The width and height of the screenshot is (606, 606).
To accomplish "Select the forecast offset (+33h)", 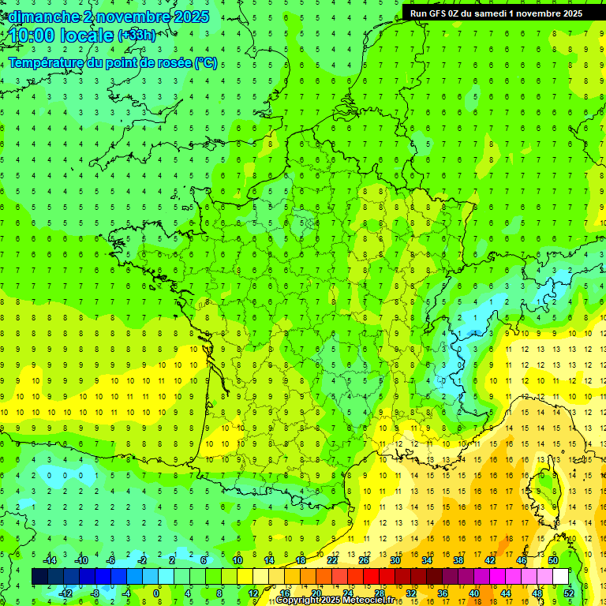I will tap(137, 36).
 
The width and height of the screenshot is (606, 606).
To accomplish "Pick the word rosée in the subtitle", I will tap(171, 63).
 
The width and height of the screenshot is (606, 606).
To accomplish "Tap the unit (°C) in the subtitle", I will tap(205, 63).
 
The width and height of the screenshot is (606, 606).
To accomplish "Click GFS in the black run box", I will tap(443, 13).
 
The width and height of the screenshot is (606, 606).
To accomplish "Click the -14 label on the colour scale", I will tap(50, 559).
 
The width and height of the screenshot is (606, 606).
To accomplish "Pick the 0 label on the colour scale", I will tap(156, 593).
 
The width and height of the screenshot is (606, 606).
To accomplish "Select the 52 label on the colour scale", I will tap(569, 593).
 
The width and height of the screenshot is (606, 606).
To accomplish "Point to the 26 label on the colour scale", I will tap(364, 559).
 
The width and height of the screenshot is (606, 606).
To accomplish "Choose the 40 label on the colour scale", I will tap(474, 593).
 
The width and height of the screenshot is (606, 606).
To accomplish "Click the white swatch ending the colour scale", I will tap(560, 576).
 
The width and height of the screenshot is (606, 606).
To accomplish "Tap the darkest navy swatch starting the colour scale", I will tap(39, 576).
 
